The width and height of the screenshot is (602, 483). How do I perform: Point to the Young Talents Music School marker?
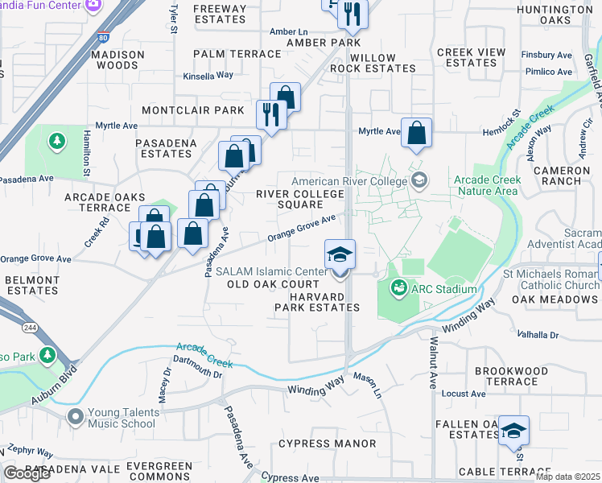click(76, 417)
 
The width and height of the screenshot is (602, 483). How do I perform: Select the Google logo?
click(27, 473)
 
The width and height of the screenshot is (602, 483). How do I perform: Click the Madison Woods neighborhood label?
click(118, 60)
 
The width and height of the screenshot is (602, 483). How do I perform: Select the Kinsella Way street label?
click(208, 75)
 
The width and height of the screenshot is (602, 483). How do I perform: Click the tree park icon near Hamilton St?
click(56, 142)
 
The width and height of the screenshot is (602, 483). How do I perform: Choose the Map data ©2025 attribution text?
click(567, 477)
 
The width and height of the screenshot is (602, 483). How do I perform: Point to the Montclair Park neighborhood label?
click(192, 109)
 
